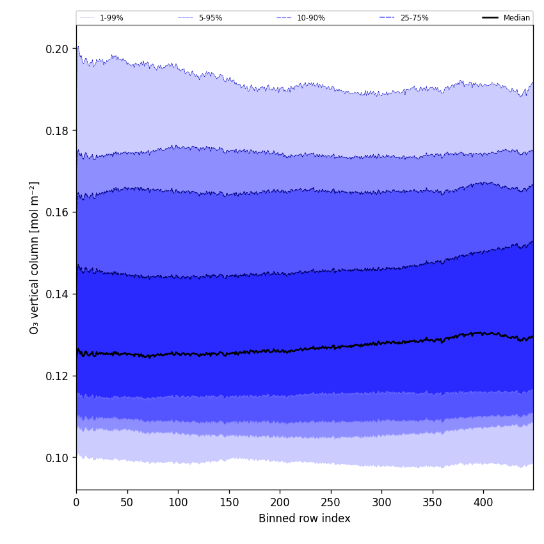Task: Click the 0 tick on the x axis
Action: point(76,503)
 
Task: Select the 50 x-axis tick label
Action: point(127,503)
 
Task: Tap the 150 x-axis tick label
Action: point(229,503)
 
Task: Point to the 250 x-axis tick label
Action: point(331,503)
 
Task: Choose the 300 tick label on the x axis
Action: point(381,503)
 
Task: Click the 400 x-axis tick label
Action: point(483,503)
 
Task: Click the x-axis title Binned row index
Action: point(305,519)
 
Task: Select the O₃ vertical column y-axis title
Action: point(35,257)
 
